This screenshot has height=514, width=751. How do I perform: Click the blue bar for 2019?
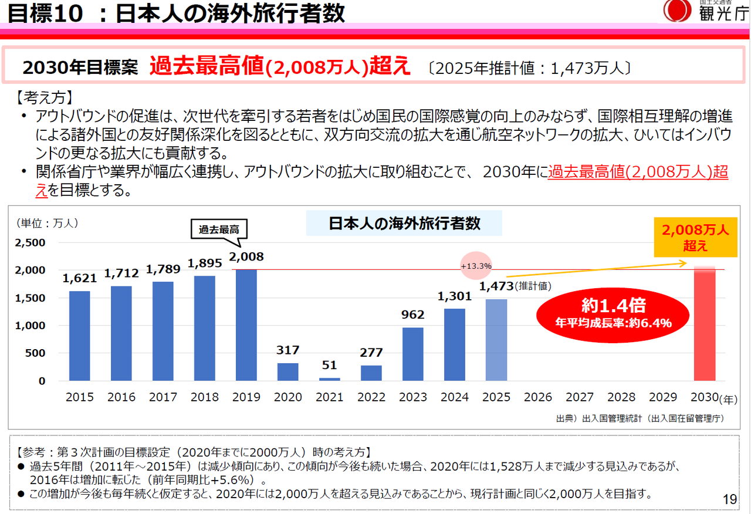point(246,326)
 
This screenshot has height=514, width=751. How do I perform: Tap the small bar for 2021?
point(329,379)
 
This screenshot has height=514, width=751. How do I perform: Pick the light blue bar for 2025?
point(496,340)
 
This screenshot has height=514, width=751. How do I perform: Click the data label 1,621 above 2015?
point(79,279)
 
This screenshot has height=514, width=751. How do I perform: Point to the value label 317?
point(288,350)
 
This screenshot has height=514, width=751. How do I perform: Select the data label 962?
point(413,315)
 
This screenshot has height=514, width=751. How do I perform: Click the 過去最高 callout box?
point(219,229)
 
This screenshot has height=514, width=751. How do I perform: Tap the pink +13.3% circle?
point(476,266)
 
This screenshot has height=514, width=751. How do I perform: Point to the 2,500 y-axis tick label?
point(29,242)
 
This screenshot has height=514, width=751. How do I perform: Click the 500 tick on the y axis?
point(34,353)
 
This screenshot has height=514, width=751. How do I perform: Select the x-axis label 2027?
point(580,397)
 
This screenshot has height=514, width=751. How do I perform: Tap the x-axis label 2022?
point(371,397)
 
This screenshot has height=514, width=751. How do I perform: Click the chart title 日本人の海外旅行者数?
point(404,223)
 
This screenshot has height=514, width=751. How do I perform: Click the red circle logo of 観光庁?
point(677,11)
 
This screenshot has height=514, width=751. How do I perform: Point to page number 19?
point(729,499)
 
